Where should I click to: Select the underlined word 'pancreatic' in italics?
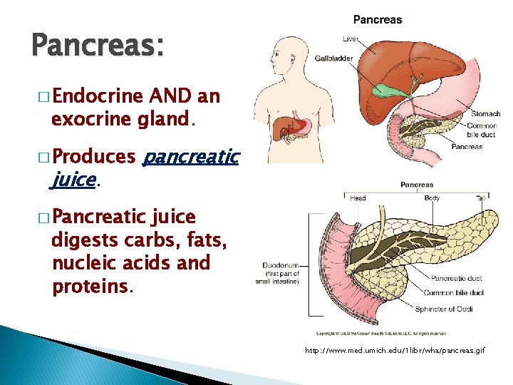192,156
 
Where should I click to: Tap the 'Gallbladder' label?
333,58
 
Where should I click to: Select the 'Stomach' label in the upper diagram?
486,114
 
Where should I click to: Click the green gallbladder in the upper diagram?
388,91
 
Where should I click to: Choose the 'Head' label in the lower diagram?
358,197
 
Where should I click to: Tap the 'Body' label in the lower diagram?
432,197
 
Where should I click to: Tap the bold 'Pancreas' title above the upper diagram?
378,19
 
